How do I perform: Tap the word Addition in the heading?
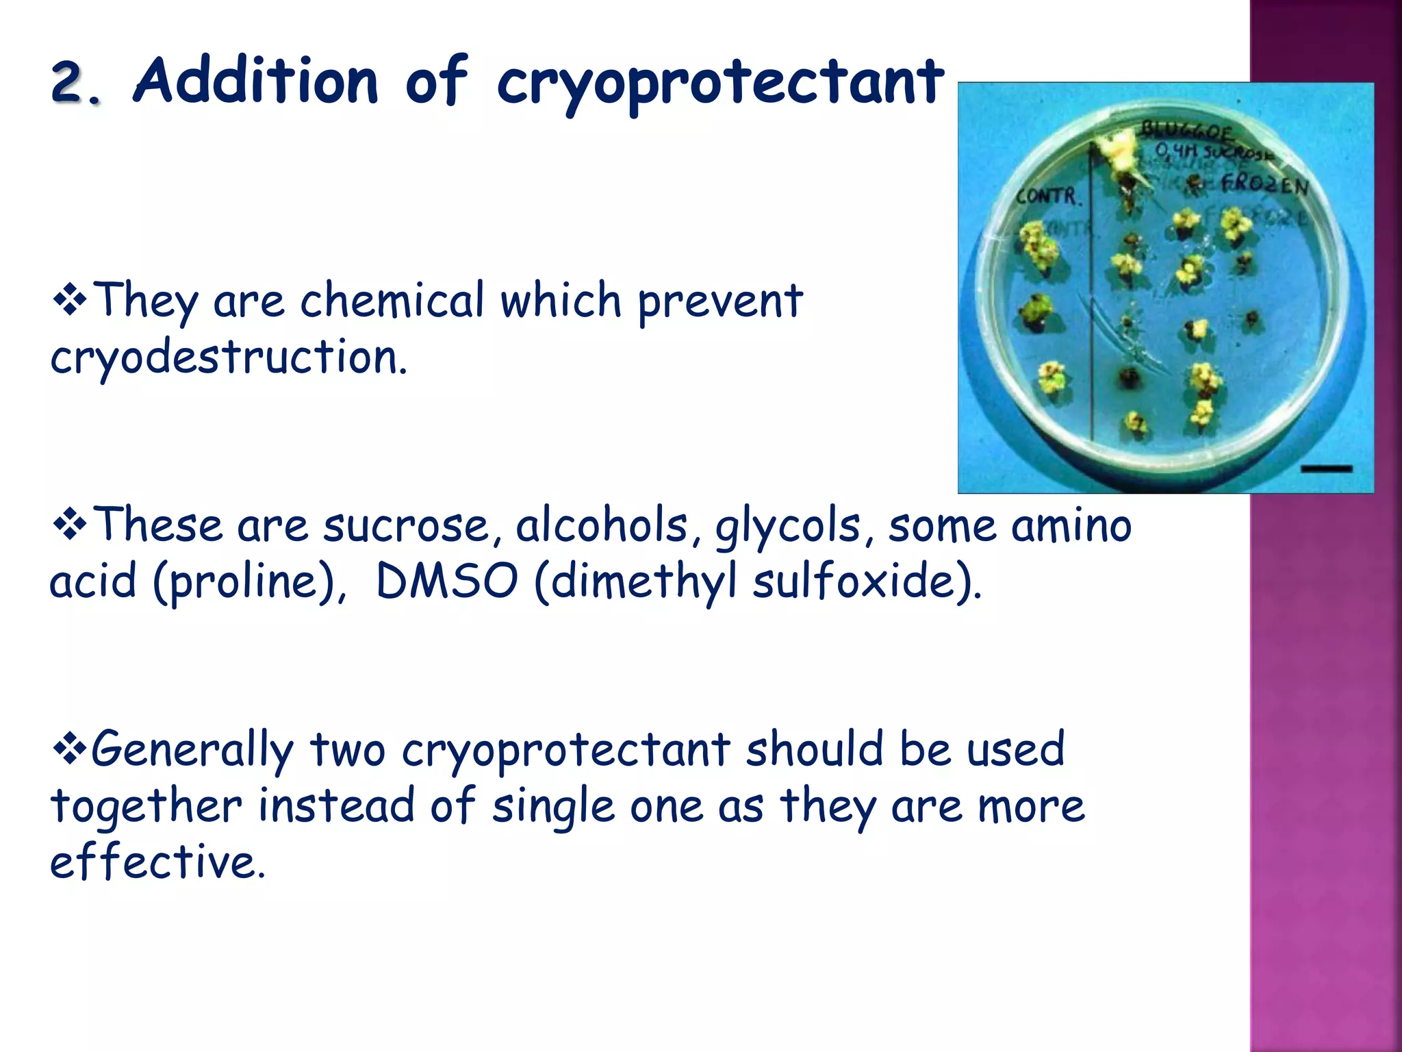point(255,82)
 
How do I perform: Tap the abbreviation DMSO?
point(446,581)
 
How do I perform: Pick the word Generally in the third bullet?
point(193,751)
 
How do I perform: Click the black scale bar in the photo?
point(1326,469)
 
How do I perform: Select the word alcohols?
point(601,526)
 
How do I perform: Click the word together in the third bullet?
point(146,806)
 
